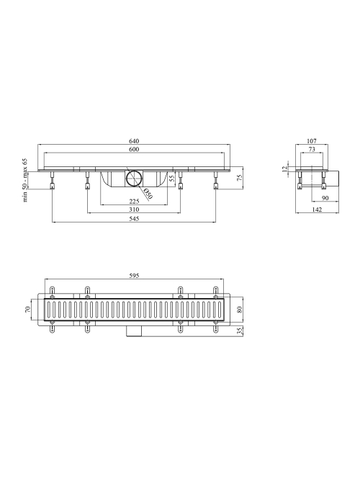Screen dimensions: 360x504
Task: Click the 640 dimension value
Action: pos(134,141)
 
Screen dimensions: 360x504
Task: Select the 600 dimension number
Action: pos(134,149)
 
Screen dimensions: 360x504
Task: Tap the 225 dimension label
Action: pos(134,201)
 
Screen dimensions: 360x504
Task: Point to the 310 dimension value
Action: pos(134,210)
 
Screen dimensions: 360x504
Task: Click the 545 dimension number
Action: pos(134,219)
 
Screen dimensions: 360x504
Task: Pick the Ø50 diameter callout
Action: pos(148,194)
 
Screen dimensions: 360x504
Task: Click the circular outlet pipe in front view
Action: pos(134,179)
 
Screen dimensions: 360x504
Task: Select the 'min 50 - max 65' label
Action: pos(25,180)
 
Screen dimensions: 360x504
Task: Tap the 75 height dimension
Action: pos(239,178)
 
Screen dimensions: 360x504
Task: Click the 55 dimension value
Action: pos(172,178)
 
